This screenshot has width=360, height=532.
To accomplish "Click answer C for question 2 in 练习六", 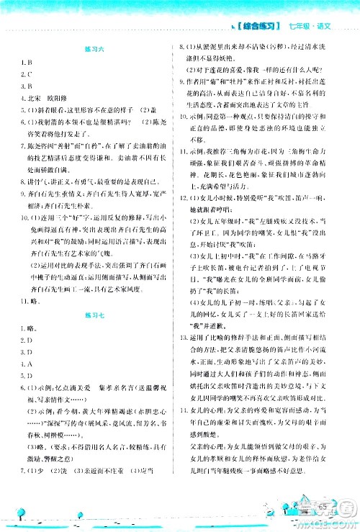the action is [x=27, y=73].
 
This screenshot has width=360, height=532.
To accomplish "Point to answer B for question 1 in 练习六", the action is [x=27, y=62].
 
